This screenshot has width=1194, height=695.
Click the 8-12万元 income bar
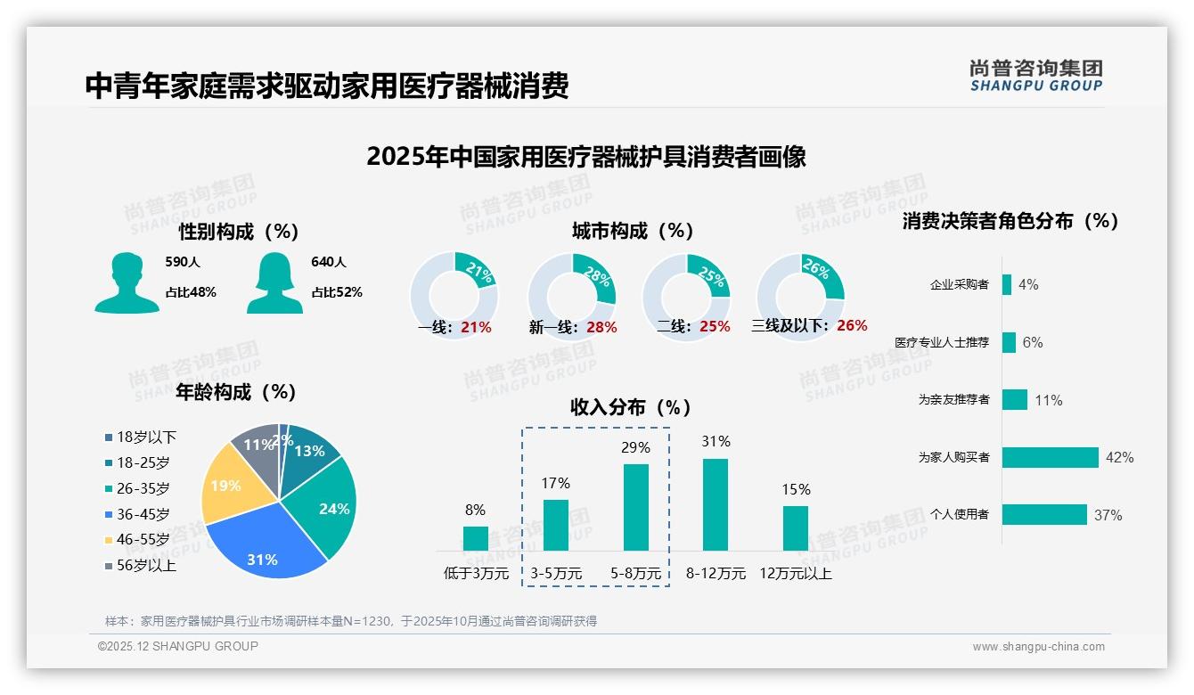pyautogui.click(x=715, y=504)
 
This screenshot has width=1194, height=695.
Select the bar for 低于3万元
pyautogui.click(x=475, y=538)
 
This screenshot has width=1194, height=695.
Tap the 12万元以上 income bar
pyautogui.click(x=795, y=527)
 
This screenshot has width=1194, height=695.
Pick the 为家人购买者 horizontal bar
pyautogui.click(x=1050, y=457)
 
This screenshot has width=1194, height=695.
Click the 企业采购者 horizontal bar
pyautogui.click(x=1007, y=284)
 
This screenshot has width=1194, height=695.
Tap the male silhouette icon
pyautogui.click(x=127, y=283)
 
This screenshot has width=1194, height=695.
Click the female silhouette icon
pyautogui.click(x=274, y=283)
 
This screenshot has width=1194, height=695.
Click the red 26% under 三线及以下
pyautogui.click(x=852, y=325)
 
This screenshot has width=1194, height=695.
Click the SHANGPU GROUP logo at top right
pyautogui.click(x=1035, y=75)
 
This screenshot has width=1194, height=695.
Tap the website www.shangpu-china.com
pyautogui.click(x=1038, y=647)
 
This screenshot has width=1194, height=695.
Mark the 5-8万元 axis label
pyautogui.click(x=635, y=574)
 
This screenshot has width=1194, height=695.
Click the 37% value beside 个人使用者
pyautogui.click(x=1108, y=515)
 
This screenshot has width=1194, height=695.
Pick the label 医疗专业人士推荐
pyautogui.click(x=942, y=342)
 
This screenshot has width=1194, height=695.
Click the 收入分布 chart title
pyautogui.click(x=631, y=407)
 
